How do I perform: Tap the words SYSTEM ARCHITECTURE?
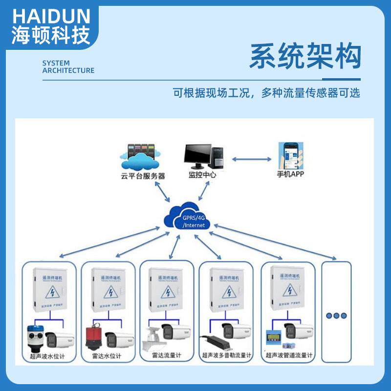click(68, 66)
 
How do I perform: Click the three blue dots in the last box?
click(336, 315)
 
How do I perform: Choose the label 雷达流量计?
click(166, 355)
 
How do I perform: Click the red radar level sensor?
click(93, 336)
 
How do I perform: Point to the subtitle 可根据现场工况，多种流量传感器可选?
click(266, 93)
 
